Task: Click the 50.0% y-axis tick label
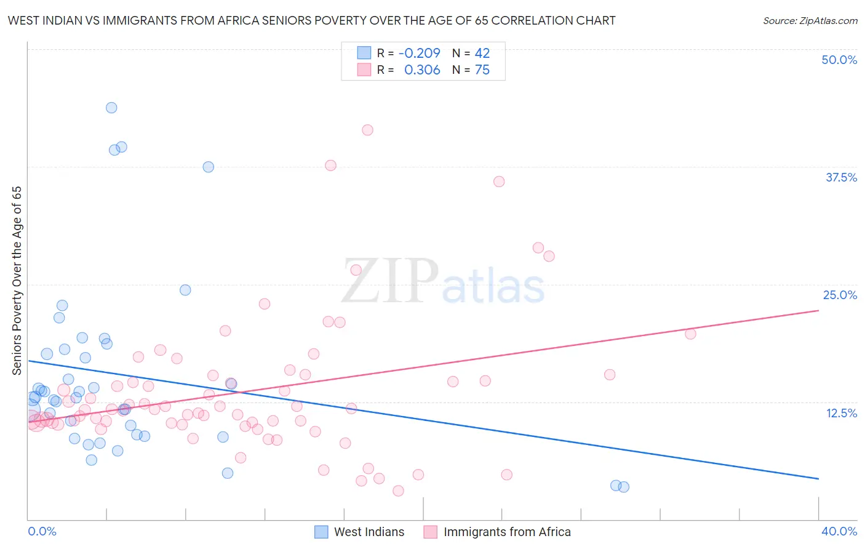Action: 839,60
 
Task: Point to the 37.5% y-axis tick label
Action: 841,177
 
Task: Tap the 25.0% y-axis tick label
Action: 840,295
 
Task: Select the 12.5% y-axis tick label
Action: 841,413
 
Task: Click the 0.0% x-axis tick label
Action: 42,531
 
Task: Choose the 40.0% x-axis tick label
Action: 839,531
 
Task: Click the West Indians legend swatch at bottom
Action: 321,532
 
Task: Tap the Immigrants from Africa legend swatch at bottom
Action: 431,532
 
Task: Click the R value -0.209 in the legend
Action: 419,54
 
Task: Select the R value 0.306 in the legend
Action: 422,70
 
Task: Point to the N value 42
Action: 482,54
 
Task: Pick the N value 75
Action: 482,70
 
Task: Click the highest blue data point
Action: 111,108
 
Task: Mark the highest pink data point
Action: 367,130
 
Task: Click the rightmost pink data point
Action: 690,334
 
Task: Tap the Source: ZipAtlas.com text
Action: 810,21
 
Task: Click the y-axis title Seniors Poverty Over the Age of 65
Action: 17,281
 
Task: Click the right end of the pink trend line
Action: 818,311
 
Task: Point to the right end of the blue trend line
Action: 818,478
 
